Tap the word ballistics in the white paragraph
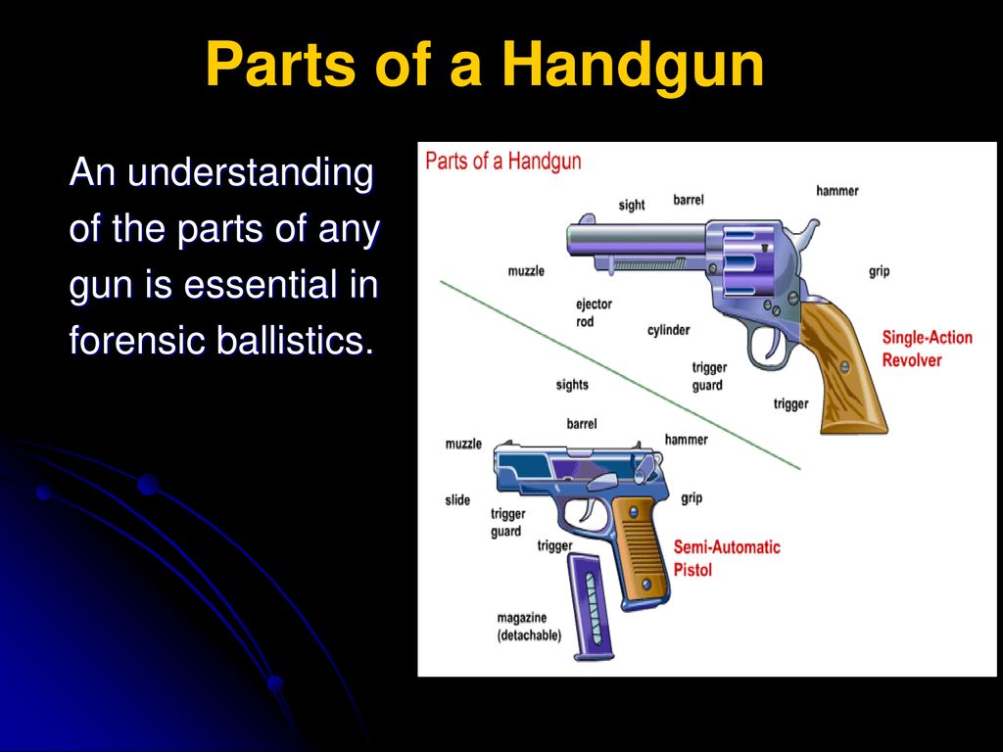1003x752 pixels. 295,340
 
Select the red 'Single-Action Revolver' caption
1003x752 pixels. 927,349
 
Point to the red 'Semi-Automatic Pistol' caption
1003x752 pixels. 727,557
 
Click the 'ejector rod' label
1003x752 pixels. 594,312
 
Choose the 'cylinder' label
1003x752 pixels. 668,330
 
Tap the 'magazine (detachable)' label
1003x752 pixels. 529,627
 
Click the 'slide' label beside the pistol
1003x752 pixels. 457,500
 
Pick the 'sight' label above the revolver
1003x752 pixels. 632,206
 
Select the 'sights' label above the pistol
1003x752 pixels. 572,385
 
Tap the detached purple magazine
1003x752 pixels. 591,607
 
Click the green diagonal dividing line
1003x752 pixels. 620,375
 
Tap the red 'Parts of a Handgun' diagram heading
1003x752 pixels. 503,162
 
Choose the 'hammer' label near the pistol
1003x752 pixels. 687,440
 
